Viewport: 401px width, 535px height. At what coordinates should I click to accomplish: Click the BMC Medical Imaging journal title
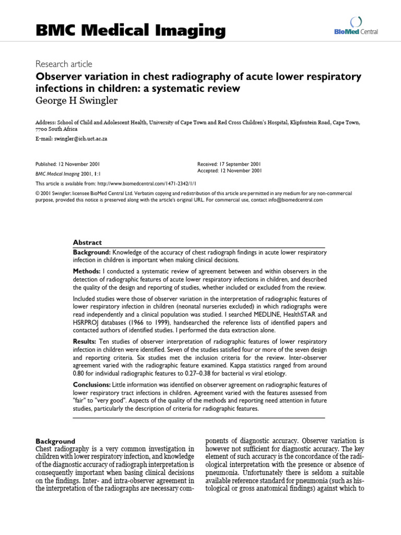pyautogui.click(x=131, y=31)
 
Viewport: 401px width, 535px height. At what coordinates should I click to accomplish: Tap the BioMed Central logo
pyautogui.click(x=357, y=27)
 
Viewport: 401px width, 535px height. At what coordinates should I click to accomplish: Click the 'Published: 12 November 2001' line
pyautogui.click(x=68, y=164)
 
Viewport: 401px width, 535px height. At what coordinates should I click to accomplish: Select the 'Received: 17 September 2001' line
pyautogui.click(x=230, y=164)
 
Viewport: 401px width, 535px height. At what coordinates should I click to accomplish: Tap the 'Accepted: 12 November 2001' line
pyautogui.click(x=230, y=171)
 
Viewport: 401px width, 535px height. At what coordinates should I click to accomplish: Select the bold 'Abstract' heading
pyautogui.click(x=87, y=242)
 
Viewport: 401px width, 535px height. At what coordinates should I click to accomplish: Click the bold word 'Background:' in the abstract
pyautogui.click(x=92, y=252)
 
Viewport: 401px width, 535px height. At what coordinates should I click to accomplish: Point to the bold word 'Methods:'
pyautogui.click(x=87, y=271)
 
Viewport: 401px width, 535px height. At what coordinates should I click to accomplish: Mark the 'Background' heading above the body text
pyautogui.click(x=55, y=441)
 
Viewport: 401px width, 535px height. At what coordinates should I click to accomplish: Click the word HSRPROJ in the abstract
pyautogui.click(x=86, y=323)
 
